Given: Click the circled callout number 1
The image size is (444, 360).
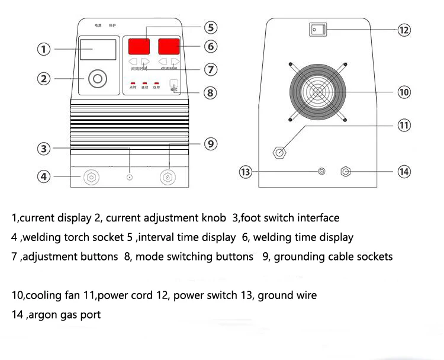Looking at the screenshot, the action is [x=43, y=49].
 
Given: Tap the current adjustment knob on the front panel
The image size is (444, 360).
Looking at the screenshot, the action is [x=98, y=78].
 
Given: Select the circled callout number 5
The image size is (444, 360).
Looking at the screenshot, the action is [x=211, y=27].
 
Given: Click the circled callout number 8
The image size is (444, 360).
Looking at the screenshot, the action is [x=211, y=93].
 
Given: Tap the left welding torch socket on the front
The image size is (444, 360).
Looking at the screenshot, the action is [x=91, y=176].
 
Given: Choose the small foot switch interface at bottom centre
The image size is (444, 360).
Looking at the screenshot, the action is [x=130, y=177].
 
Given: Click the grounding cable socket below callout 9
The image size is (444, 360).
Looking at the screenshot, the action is [x=169, y=176].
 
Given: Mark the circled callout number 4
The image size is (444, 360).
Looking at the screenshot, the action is [x=43, y=176].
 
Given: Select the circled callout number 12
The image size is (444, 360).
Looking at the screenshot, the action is [x=404, y=30].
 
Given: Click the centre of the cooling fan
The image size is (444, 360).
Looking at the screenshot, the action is [x=318, y=92].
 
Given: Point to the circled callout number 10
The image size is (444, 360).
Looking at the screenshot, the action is [x=404, y=92].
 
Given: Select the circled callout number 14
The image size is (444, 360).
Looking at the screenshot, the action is [x=404, y=172].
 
